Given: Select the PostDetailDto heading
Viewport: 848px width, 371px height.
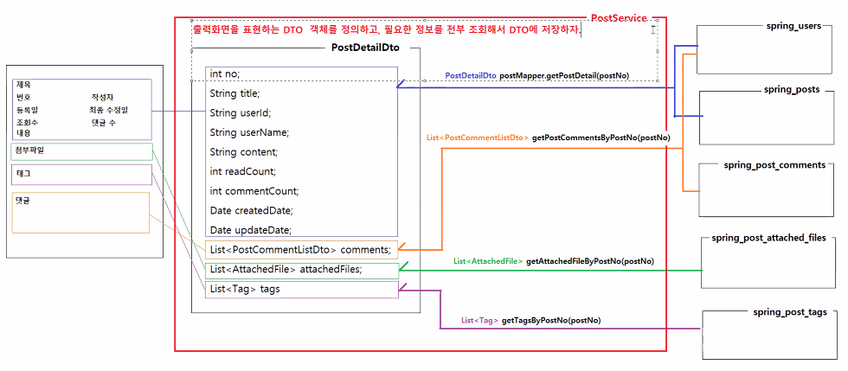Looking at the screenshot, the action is coord(365,48).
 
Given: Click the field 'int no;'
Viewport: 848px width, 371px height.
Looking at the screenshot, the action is coord(226,74).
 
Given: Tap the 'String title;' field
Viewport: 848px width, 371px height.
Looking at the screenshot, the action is coord(234,93).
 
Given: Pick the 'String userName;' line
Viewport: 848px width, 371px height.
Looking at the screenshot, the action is coord(249,132).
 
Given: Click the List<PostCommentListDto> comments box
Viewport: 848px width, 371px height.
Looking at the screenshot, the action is coord(301,250).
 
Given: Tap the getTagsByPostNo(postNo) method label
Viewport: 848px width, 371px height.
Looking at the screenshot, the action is coord(550,320).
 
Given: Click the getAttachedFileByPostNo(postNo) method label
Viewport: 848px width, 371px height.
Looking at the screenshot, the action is coord(589,260).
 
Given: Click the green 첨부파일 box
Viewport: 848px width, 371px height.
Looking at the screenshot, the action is coord(82,151).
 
